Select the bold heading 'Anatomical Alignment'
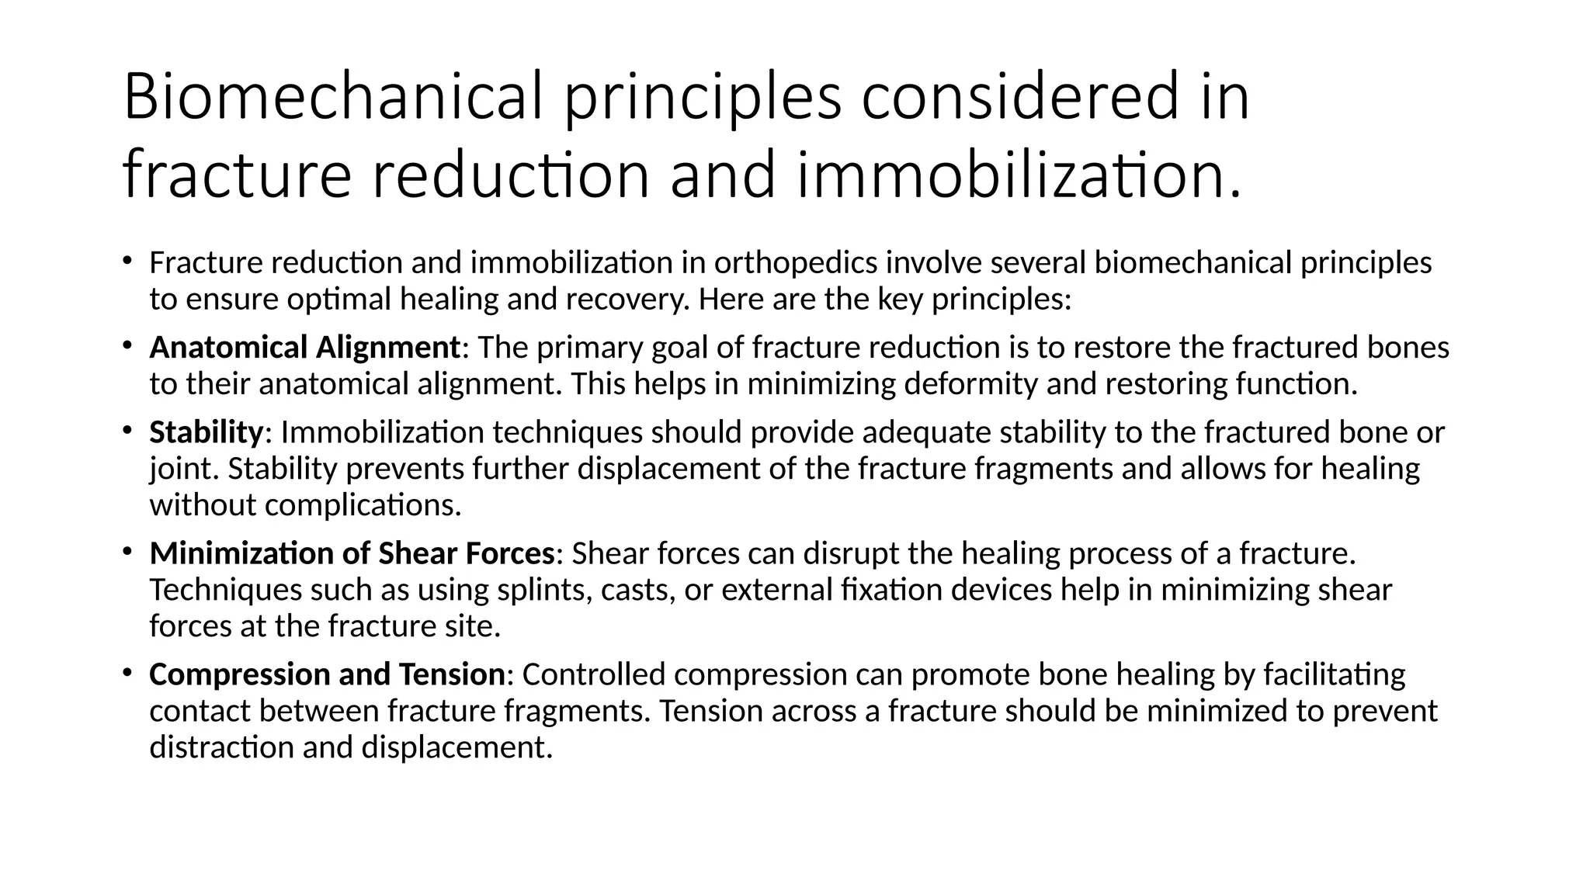305,348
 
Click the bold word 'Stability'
207,432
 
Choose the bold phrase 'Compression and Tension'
327,674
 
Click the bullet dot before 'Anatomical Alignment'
127,345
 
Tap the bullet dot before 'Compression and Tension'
127,672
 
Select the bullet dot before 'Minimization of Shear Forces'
127,551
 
